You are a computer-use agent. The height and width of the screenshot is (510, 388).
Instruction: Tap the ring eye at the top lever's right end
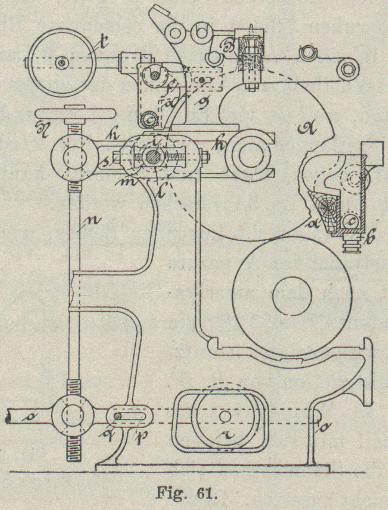click(347, 69)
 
